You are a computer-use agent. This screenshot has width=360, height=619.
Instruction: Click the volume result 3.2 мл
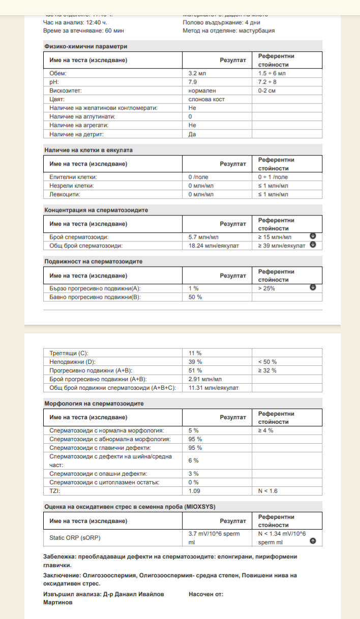click(197, 73)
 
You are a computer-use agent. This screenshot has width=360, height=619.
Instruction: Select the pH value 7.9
click(193, 82)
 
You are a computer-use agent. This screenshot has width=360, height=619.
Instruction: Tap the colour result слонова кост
click(206, 99)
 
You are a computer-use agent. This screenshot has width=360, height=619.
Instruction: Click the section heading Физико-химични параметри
click(86, 46)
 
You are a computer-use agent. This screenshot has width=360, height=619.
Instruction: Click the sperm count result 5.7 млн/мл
click(203, 237)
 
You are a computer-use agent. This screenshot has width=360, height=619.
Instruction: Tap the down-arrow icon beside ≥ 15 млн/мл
click(313, 236)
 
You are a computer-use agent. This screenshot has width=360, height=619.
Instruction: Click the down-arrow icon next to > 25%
click(313, 287)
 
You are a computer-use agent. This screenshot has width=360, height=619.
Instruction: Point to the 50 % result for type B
click(195, 297)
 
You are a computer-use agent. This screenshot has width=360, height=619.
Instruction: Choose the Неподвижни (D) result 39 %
click(195, 361)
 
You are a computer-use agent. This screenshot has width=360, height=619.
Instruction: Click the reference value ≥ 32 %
click(267, 370)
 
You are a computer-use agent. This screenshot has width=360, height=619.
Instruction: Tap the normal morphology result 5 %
click(194, 430)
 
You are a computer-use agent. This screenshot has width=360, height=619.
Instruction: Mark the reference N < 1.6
click(268, 491)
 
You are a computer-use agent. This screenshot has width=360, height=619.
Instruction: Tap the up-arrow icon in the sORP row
click(313, 541)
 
